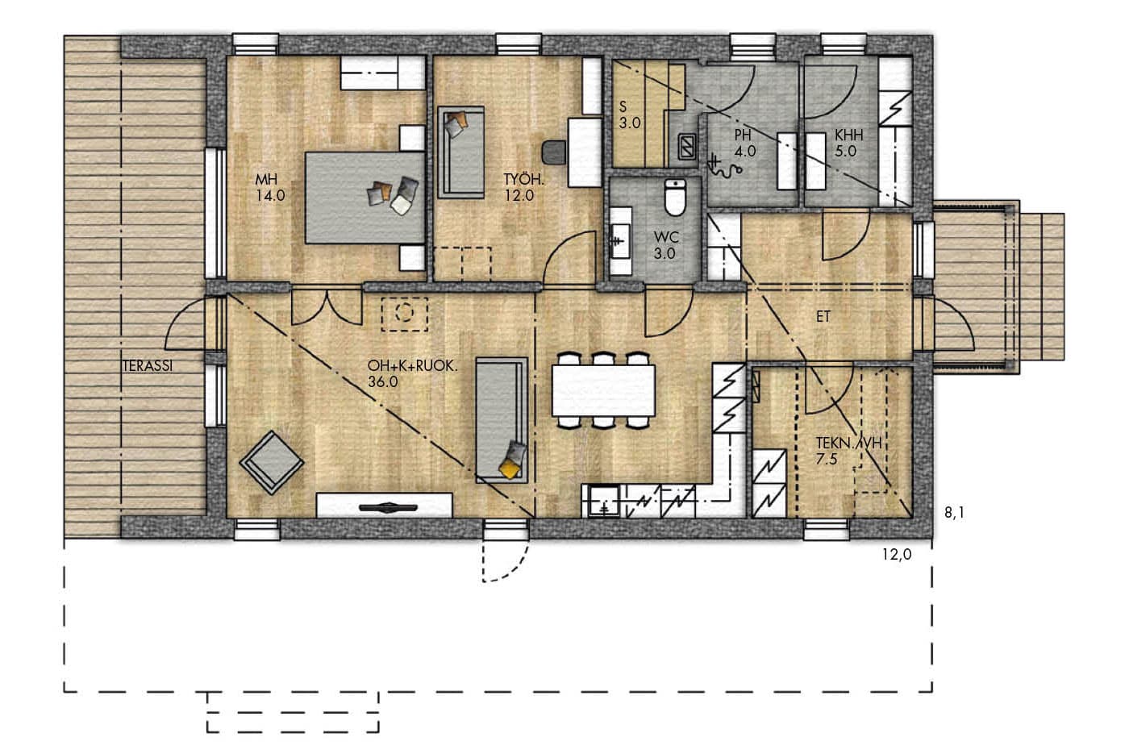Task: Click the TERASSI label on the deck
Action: (147, 366)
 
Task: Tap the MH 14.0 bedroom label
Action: (270, 187)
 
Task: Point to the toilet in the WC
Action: (675, 197)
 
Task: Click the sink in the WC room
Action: (620, 240)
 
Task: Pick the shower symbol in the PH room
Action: (724, 167)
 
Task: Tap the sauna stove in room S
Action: (687, 146)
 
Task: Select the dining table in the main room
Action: (603, 390)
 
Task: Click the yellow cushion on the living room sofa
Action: (510, 469)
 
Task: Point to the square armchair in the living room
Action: (272, 463)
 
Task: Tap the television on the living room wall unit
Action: (388, 507)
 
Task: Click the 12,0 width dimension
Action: (897, 555)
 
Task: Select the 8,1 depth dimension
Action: (954, 513)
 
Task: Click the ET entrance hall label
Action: (823, 316)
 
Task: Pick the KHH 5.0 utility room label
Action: (848, 143)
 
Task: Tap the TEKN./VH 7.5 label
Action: (848, 451)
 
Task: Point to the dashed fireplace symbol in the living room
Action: (404, 314)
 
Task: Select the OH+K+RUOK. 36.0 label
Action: (412, 373)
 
